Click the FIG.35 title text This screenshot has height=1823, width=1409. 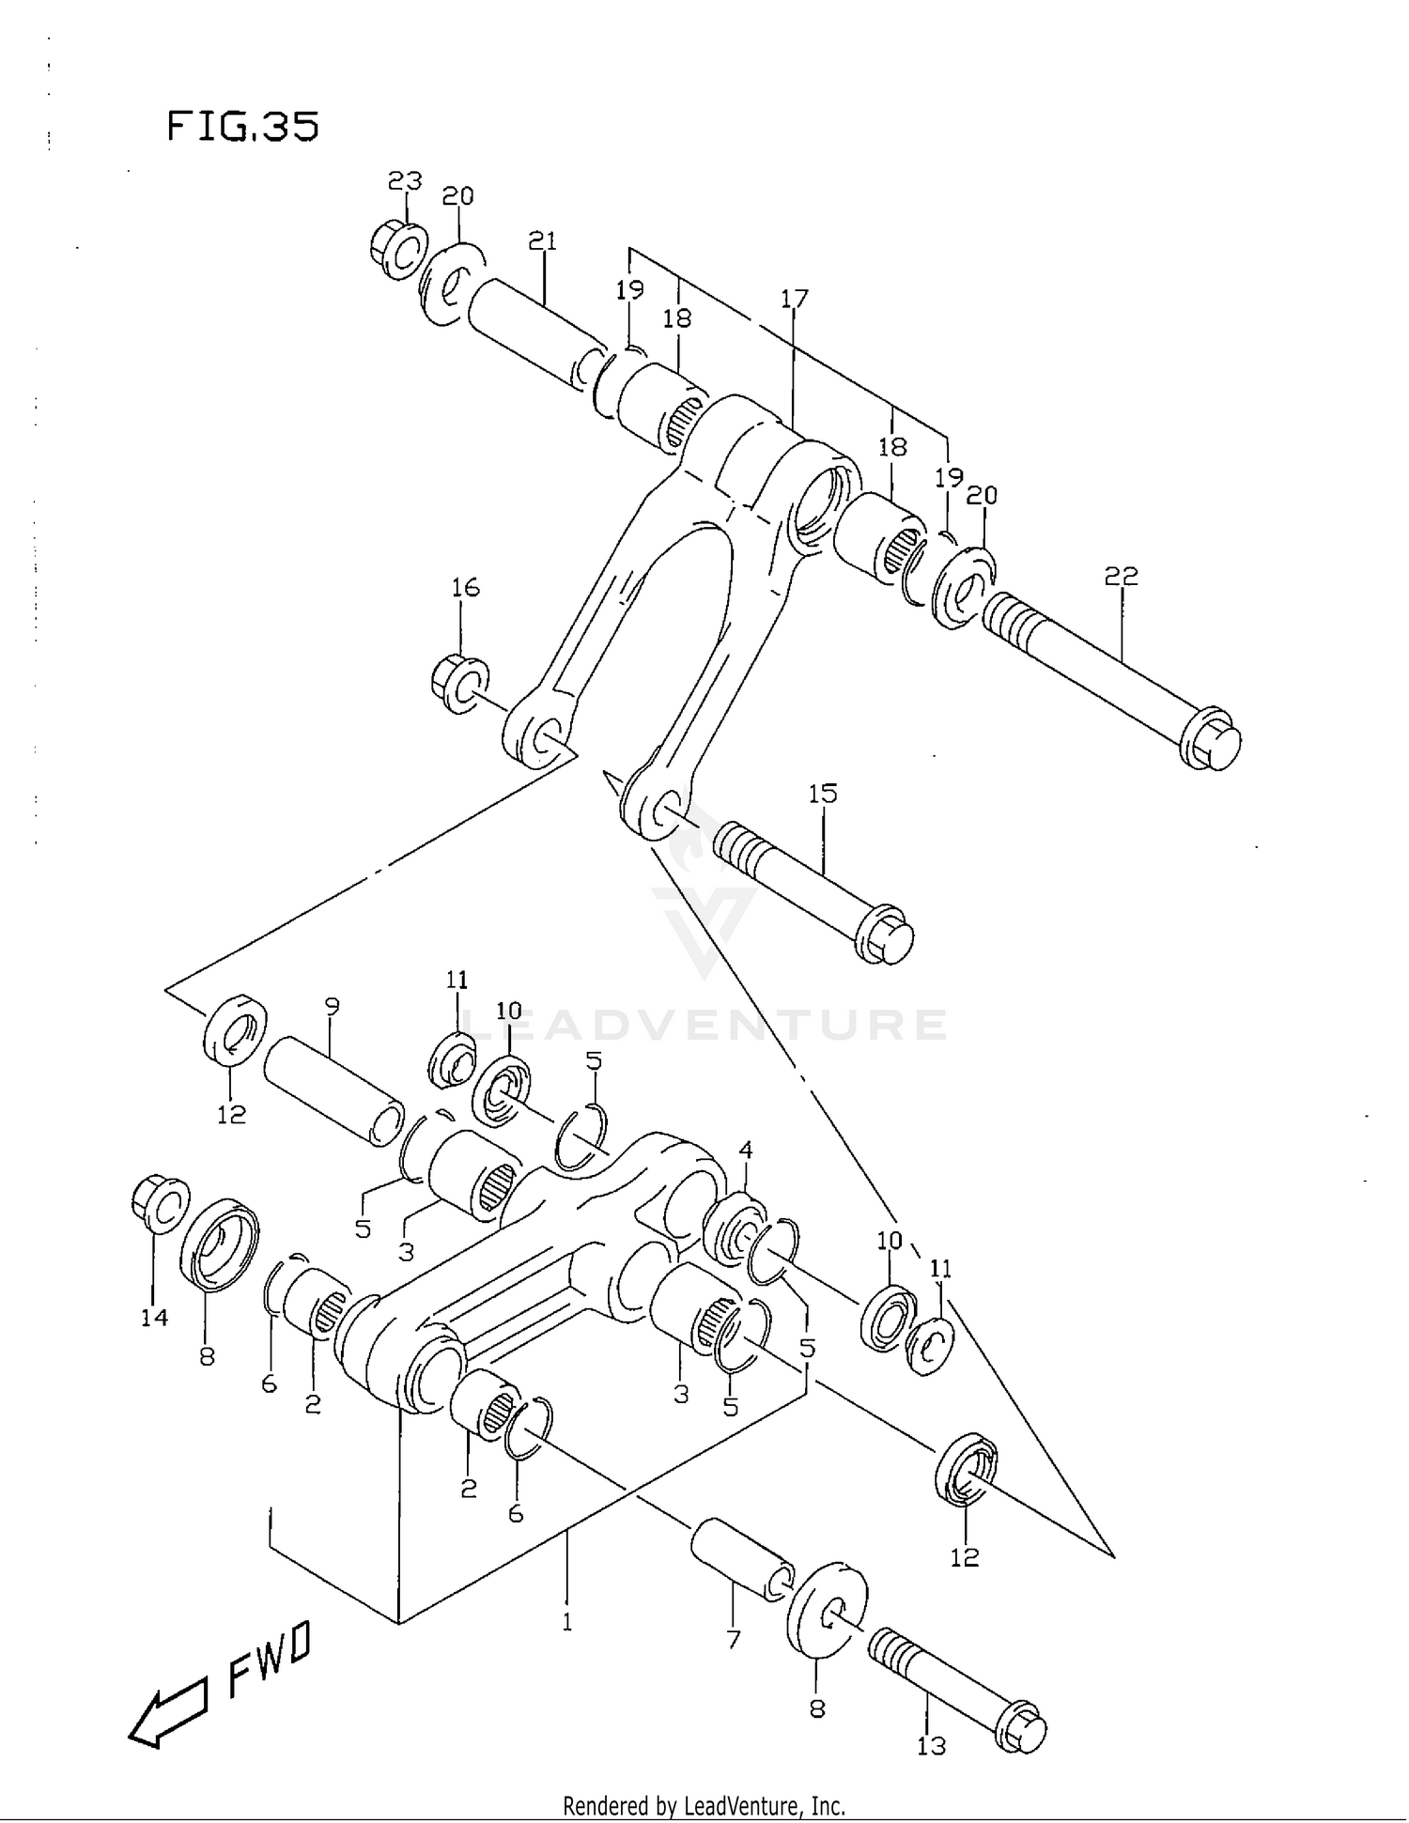242,126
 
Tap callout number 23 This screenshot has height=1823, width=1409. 405,180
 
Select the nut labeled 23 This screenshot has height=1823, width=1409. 397,250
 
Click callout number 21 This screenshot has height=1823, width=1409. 542,241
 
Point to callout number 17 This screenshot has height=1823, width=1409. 794,299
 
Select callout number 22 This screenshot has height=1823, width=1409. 1121,576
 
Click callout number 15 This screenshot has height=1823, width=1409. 822,794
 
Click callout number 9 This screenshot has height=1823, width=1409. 332,1006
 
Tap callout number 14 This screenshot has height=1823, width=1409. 154,1318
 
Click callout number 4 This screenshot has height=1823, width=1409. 746,1150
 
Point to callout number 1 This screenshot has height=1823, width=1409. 566,1622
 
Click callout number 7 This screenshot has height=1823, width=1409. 734,1640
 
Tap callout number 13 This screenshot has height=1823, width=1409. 931,1746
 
